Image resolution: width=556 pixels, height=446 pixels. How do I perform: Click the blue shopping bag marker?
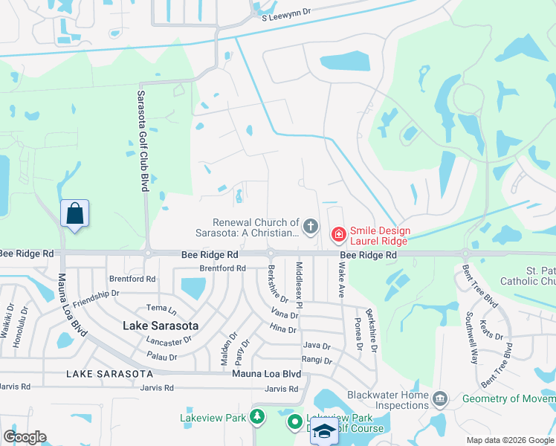coord(75,214)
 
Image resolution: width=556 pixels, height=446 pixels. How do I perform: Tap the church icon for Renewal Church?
coord(311,225)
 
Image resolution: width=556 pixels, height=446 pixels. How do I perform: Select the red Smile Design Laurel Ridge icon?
coord(338,235)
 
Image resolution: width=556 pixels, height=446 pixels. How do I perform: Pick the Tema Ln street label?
coord(161,308)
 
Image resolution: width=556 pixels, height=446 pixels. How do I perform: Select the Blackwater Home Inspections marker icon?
coord(440,400)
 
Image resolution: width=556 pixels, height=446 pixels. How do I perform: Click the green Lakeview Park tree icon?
coord(257,417)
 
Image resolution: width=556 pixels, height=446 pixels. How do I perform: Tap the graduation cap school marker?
coord(324,430)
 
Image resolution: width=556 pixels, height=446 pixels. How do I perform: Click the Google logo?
coord(25,437)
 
